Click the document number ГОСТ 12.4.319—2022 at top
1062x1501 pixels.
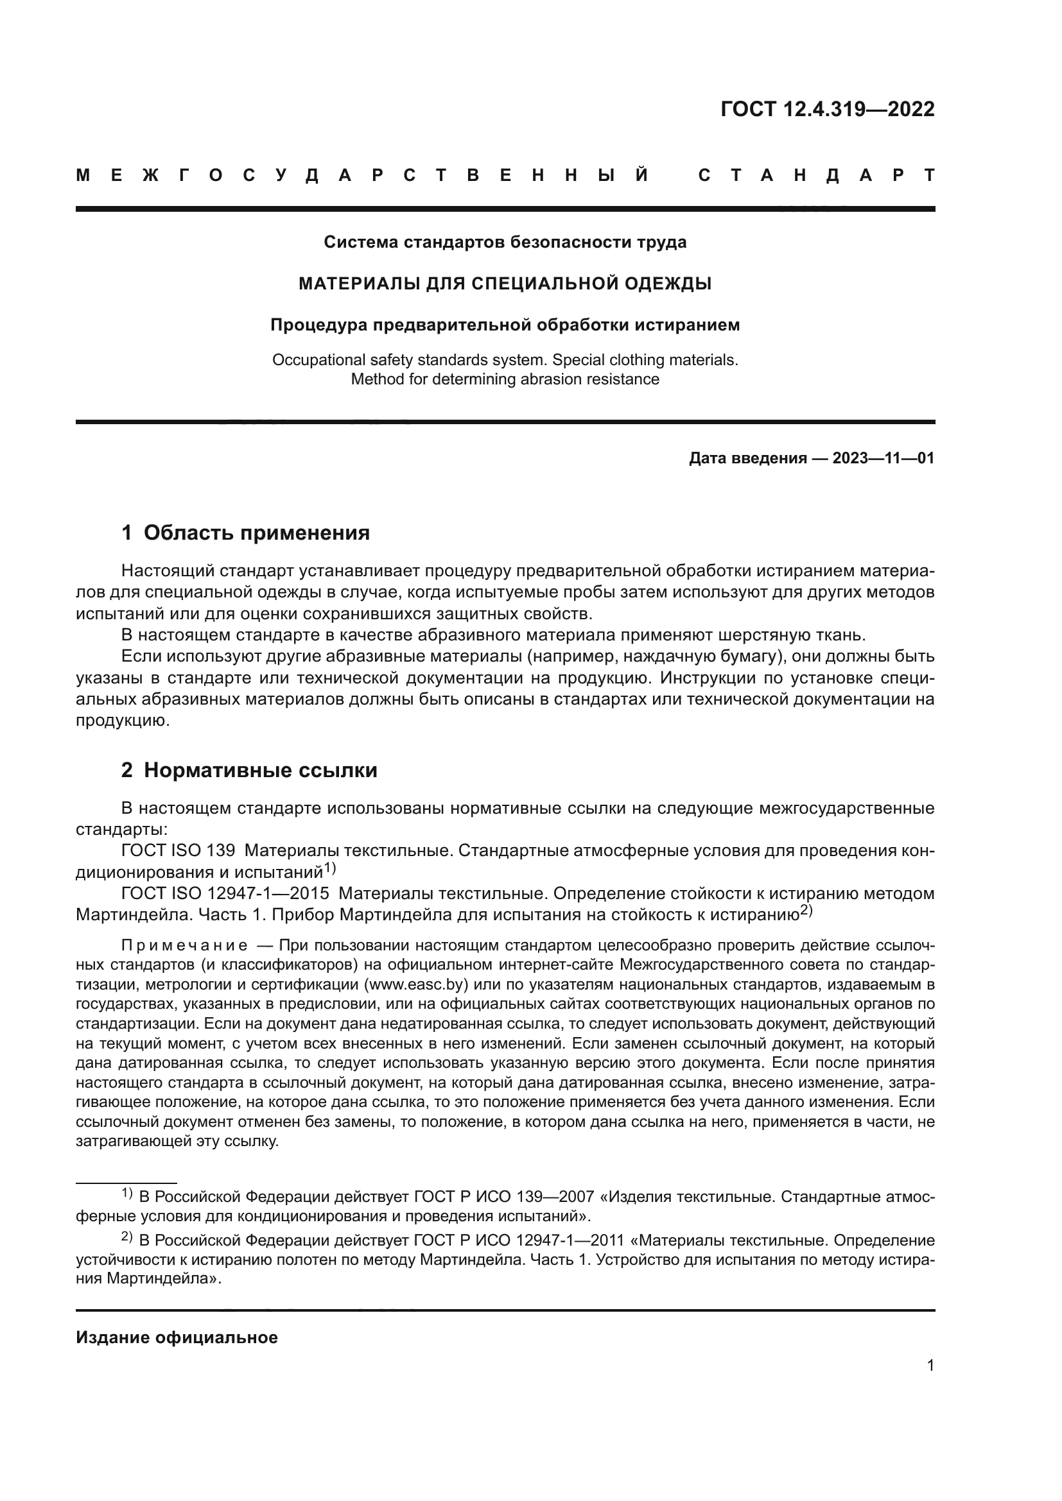pos(827,109)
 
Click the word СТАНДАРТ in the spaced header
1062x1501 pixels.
pos(817,175)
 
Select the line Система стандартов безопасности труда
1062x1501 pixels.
pos(505,243)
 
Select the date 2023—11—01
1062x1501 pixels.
pos(883,458)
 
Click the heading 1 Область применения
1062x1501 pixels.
pos(245,533)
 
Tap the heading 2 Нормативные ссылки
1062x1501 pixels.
pos(249,770)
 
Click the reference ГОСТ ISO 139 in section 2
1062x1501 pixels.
pos(178,850)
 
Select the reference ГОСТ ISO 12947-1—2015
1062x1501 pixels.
pos(225,893)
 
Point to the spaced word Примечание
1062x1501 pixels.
pos(184,945)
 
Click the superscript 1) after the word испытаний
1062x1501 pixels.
pos(329,868)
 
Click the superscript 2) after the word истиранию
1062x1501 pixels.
pos(806,911)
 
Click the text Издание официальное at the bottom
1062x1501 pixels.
pos(177,1337)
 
